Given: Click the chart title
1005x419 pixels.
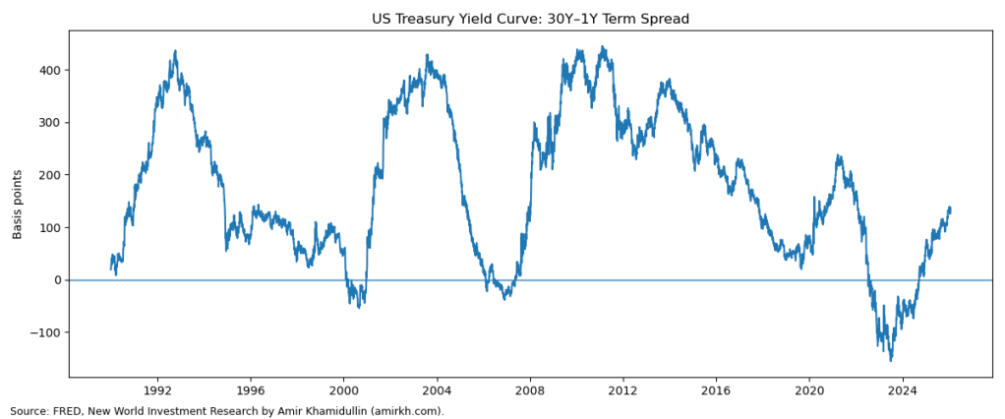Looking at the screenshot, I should (530, 19).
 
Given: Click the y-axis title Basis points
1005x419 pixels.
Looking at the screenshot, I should (18, 204).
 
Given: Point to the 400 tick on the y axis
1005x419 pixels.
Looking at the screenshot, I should (50, 70).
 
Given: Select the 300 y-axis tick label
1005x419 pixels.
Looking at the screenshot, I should (50, 123).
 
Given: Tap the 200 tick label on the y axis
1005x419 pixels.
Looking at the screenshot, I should (50, 175).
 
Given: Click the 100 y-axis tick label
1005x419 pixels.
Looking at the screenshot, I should (50, 227).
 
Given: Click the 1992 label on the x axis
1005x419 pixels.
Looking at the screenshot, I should (157, 390).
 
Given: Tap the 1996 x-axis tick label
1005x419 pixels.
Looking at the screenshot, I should (251, 390).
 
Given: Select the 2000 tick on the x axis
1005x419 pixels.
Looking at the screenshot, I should (344, 390).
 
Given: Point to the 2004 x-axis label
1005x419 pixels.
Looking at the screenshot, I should (437, 390).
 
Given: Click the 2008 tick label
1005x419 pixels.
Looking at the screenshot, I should (530, 390).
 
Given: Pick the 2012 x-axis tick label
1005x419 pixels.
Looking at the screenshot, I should (622, 390).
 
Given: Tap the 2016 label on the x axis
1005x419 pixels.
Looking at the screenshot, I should (716, 390).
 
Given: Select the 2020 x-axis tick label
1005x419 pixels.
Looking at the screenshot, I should (809, 390).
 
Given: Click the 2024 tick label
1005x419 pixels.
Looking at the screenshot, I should (902, 390).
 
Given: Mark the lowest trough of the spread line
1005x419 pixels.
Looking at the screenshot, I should (891, 360).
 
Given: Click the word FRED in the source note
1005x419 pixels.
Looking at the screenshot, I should (65, 411).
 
